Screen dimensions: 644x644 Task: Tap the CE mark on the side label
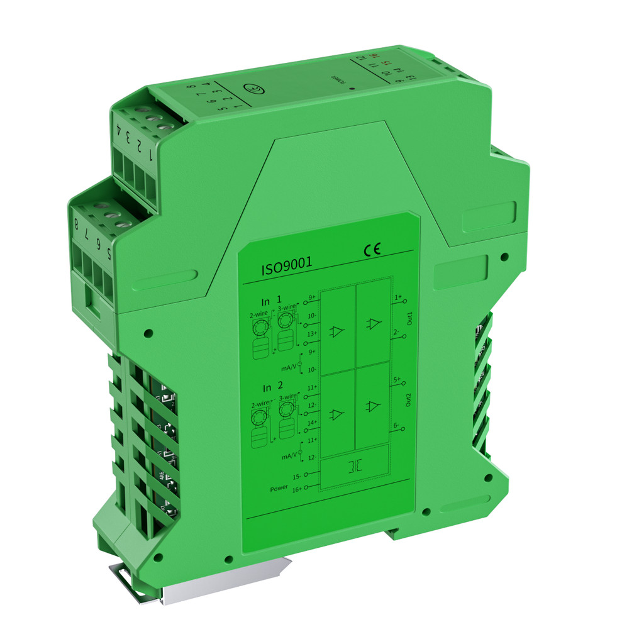click(x=372, y=250)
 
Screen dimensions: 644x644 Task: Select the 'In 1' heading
click(x=272, y=301)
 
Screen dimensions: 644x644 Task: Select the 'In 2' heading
click(x=272, y=387)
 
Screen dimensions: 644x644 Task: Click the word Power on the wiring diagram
click(x=279, y=488)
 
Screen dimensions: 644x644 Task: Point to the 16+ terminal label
click(x=297, y=487)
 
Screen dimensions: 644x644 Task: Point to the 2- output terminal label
click(x=397, y=331)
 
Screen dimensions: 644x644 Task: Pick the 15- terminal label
click(x=297, y=476)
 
